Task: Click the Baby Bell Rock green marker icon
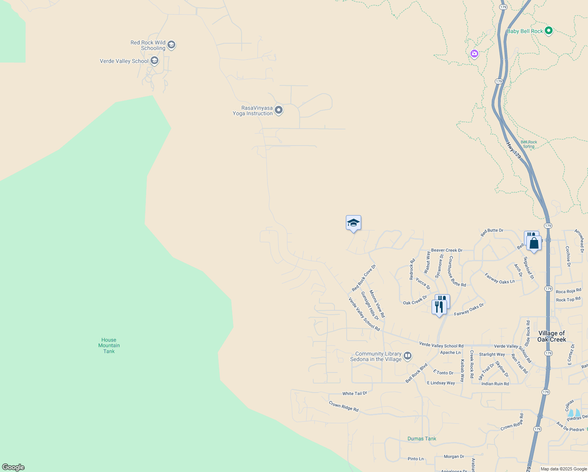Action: pos(549,31)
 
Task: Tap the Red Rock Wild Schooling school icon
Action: pos(171,45)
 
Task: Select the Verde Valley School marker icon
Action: pos(154,61)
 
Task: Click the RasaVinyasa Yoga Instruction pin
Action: pos(279,110)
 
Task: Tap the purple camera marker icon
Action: pos(474,53)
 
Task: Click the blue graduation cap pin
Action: pos(353,223)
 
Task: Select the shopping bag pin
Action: pos(534,243)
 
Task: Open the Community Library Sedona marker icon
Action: pos(408,356)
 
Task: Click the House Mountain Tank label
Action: pos(109,345)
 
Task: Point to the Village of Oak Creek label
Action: pos(552,336)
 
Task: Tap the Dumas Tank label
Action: pos(422,439)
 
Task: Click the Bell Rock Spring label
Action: pos(529,144)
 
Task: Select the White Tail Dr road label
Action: pos(355,393)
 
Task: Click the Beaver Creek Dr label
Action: pos(447,250)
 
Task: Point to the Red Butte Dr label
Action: pos(492,232)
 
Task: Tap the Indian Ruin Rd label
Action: pos(495,383)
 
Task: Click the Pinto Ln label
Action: pos(415,459)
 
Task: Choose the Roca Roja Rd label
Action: pos(568,291)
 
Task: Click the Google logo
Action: pos(13,467)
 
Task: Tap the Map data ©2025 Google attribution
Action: pos(564,469)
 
